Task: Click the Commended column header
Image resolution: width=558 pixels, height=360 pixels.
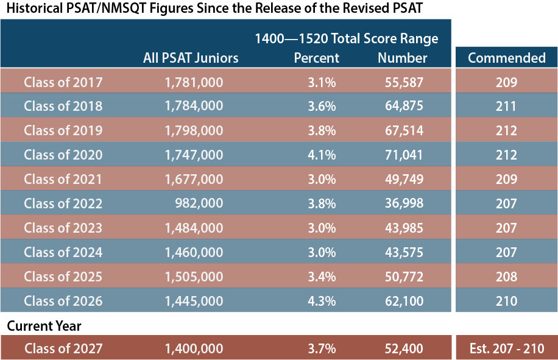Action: [x=506, y=58]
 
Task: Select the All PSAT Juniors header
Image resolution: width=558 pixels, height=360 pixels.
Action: [x=191, y=58]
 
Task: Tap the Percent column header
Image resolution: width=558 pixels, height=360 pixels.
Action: [x=316, y=58]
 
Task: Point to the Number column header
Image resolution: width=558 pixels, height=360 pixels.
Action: [x=402, y=58]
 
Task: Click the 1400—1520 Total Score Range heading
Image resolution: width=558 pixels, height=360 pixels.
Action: [x=346, y=39]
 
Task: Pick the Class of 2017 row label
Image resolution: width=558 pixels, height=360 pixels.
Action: [x=63, y=82]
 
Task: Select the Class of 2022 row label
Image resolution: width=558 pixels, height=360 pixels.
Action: [x=63, y=203]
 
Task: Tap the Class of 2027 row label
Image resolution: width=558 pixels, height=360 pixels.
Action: [x=63, y=349]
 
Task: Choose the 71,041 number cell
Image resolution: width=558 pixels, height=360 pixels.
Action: [x=404, y=155]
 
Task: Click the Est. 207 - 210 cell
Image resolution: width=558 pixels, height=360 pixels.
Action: [x=506, y=349]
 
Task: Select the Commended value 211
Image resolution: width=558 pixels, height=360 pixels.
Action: [x=506, y=106]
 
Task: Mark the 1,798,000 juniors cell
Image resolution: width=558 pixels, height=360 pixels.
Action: [x=194, y=130]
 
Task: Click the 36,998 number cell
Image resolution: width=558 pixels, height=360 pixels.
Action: [x=404, y=203]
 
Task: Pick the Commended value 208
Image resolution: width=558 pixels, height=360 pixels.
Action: [x=506, y=277]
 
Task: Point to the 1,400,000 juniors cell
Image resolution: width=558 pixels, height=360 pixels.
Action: [x=194, y=349]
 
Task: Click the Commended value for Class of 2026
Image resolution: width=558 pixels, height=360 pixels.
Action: [x=506, y=301]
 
